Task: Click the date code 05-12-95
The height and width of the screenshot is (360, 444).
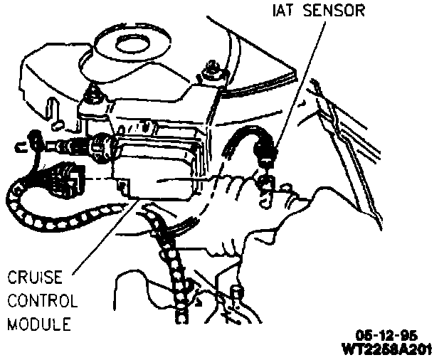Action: point(388,335)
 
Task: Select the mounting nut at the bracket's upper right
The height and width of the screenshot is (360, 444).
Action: point(211,69)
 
